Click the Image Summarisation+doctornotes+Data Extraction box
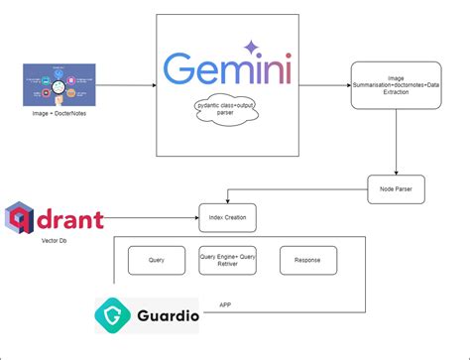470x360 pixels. click(398, 87)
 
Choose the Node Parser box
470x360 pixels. click(397, 186)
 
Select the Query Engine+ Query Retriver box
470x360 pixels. click(226, 260)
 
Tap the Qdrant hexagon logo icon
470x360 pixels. click(21, 217)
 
